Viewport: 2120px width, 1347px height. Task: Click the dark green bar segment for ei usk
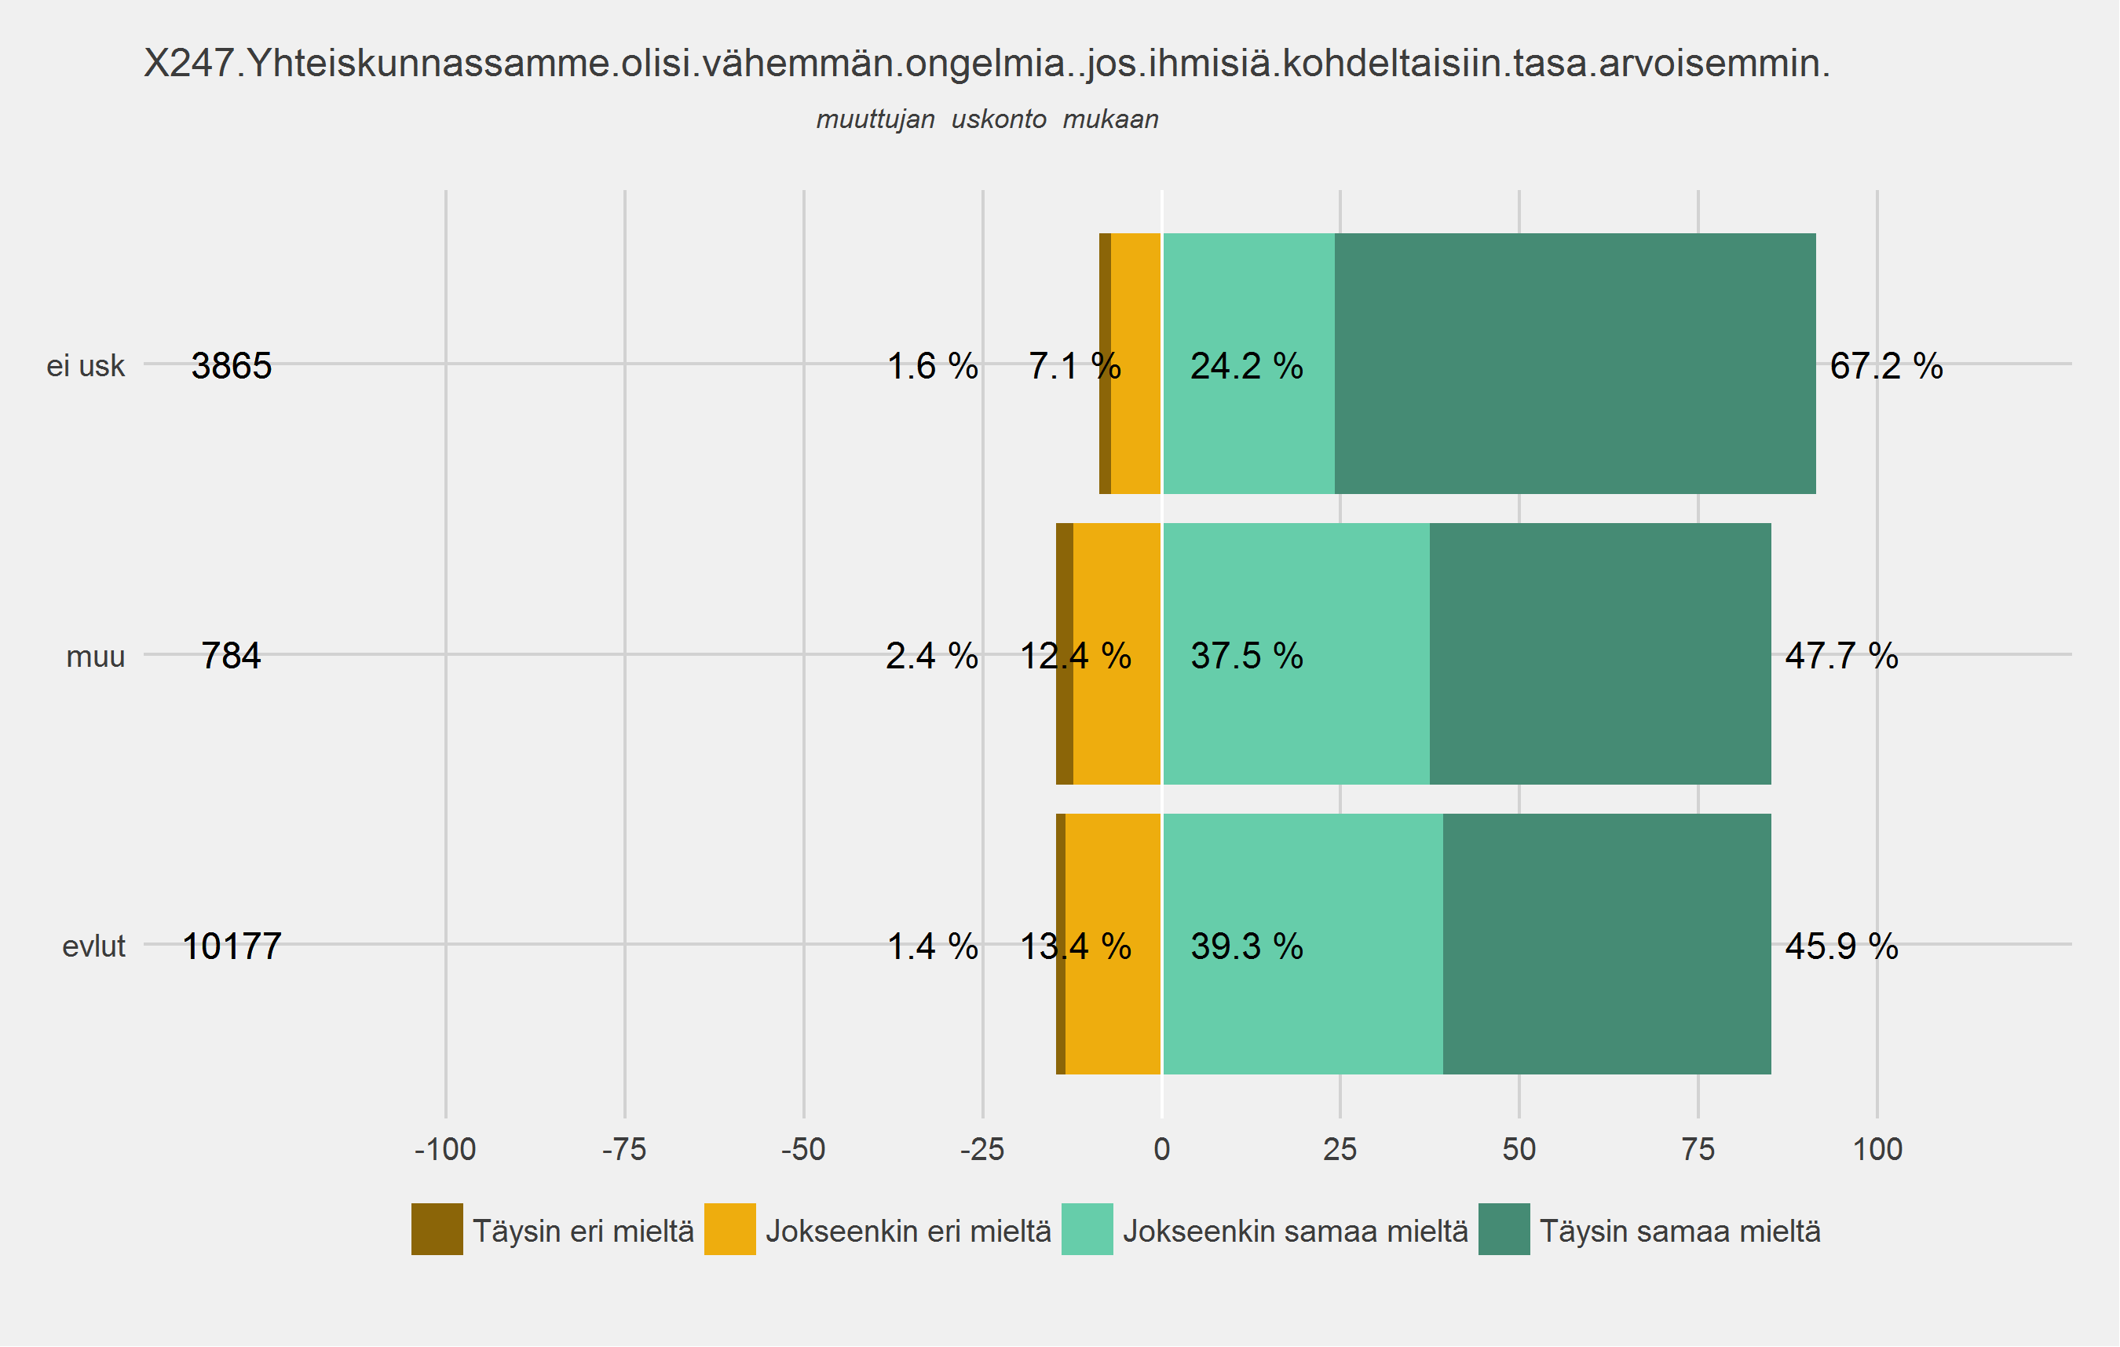[1575, 364]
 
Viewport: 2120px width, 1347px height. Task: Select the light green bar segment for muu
[1296, 654]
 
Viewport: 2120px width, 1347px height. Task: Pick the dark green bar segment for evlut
[1606, 945]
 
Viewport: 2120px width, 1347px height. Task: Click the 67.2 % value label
[1886, 366]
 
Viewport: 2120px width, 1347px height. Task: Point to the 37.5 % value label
[1247, 656]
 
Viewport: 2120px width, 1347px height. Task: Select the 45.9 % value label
[1841, 946]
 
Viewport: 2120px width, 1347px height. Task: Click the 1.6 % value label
[931, 366]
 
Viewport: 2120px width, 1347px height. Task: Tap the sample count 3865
[232, 366]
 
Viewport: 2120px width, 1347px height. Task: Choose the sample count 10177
[232, 946]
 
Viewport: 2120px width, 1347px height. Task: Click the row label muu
[95, 657]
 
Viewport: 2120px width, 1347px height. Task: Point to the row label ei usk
[86, 366]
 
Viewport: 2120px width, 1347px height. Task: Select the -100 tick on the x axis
[445, 1150]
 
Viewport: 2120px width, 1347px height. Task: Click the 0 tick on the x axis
[1161, 1150]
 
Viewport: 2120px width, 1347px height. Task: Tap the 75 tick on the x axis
[1698, 1150]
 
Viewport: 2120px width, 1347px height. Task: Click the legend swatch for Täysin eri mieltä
[437, 1229]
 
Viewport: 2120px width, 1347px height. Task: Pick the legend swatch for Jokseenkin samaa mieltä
[1087, 1229]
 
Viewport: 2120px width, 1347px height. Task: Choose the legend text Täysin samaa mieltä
[1680, 1231]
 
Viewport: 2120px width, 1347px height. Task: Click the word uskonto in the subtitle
[999, 119]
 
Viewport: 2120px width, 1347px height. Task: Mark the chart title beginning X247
[986, 64]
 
